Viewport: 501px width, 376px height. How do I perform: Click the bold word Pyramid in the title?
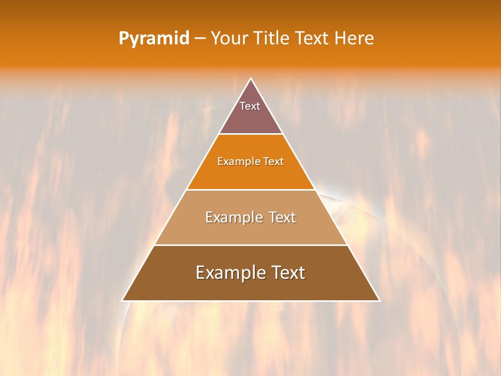tap(154, 39)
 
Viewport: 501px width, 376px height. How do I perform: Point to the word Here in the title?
tap(354, 39)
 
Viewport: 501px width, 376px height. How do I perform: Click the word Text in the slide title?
tap(312, 39)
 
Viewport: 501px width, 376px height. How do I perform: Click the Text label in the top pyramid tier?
tap(250, 106)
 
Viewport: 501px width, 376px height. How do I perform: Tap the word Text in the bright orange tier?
tap(274, 162)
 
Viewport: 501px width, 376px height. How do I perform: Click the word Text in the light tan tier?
tap(281, 217)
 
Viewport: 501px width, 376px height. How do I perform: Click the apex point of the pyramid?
tap(250, 79)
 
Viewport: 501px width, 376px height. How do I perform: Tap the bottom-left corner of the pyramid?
tap(123, 300)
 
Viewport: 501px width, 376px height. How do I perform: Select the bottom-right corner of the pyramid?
tap(379, 300)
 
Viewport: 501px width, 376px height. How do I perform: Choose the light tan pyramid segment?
tap(250, 232)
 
